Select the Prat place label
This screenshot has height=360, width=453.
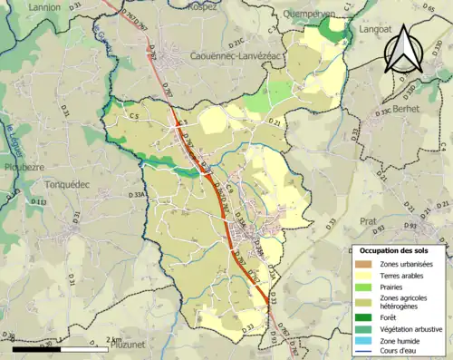pyautogui.click(x=367, y=220)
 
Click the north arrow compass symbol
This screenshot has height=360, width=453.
pyautogui.click(x=404, y=52)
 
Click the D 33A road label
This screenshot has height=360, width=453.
pyautogui.click(x=139, y=194)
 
